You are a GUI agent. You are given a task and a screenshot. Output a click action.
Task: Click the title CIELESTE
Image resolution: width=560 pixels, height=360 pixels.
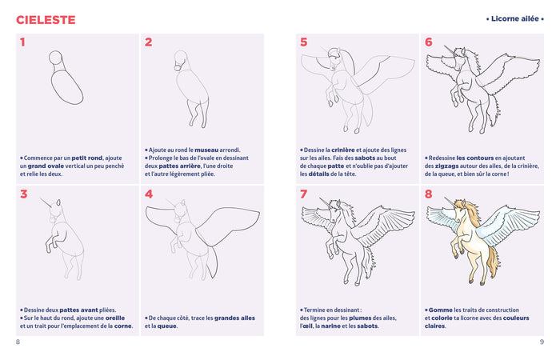pyautogui.click(x=46, y=18)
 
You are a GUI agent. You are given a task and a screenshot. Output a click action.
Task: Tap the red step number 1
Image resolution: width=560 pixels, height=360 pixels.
pyautogui.click(x=22, y=42)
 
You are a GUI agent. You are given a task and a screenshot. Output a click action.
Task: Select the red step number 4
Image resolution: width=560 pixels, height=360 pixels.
pyautogui.click(x=149, y=194)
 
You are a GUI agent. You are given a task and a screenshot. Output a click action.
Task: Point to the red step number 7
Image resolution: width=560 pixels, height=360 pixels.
pyautogui.click(x=303, y=194)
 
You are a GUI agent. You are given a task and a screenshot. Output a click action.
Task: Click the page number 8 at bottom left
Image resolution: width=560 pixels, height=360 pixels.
pyautogui.click(x=18, y=342)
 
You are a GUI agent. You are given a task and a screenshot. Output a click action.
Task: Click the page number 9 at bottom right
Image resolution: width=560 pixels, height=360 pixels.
pyautogui.click(x=542, y=342)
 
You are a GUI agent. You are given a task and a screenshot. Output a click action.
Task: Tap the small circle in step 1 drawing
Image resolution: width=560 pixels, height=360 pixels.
pyautogui.click(x=55, y=58)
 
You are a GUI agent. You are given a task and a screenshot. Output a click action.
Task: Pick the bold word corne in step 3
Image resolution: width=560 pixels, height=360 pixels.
pyautogui.click(x=122, y=326)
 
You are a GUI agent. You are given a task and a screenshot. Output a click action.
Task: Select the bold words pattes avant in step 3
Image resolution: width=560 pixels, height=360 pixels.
pyautogui.click(x=73, y=310)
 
